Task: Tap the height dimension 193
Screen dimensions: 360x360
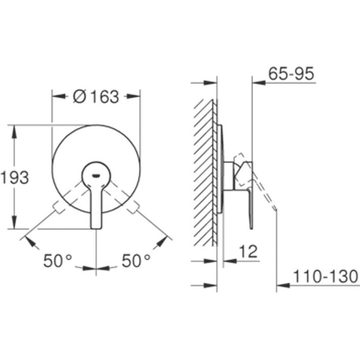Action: click(x=14, y=178)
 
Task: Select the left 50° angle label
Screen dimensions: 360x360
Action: click(x=58, y=261)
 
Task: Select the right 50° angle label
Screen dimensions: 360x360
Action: click(x=136, y=261)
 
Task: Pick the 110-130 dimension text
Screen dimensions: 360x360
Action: click(x=326, y=276)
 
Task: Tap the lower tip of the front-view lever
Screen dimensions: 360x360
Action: click(x=96, y=226)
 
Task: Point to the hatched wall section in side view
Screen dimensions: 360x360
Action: click(x=204, y=169)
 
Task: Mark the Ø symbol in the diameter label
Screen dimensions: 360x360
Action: click(x=78, y=97)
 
